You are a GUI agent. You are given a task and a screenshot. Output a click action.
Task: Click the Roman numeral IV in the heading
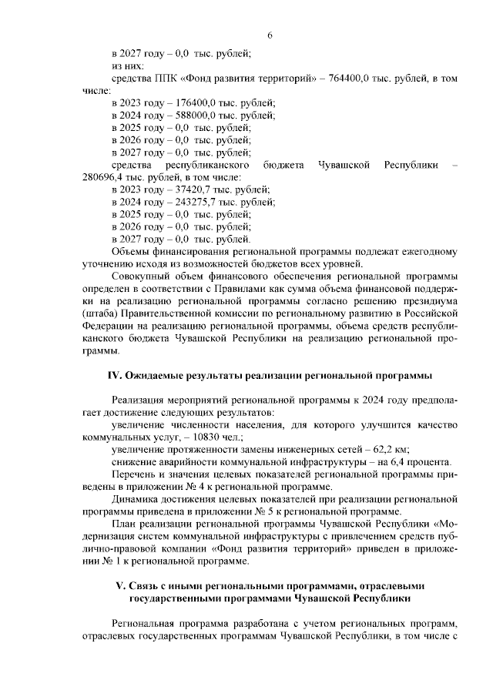coord(114,375)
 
